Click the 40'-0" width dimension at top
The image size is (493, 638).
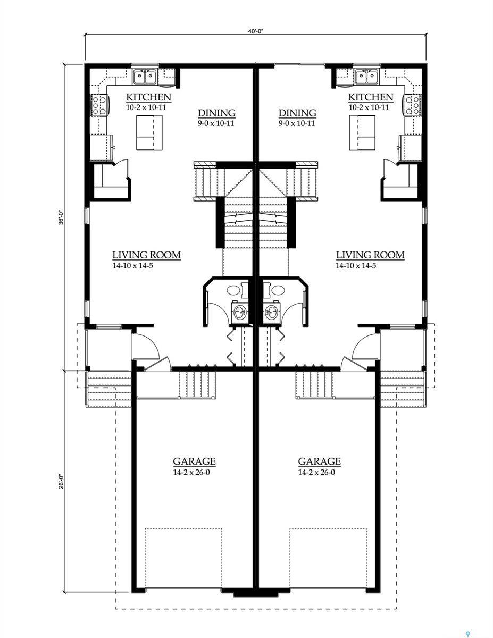[255, 31]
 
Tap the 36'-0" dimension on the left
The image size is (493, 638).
[61, 217]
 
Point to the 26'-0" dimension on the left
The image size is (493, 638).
[61, 481]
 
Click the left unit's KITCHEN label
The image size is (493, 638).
[148, 97]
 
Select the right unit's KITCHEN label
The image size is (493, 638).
[371, 97]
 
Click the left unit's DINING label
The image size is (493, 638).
[216, 113]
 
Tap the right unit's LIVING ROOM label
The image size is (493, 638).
[370, 255]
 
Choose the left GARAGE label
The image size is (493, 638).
[194, 461]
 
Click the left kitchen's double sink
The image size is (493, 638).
[145, 77]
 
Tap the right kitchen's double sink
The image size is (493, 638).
[366, 77]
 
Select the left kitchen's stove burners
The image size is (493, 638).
[98, 105]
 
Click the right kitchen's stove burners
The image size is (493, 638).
[412, 105]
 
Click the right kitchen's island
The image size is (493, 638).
[361, 132]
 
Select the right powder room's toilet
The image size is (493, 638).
[278, 290]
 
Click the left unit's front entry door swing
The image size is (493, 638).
[145, 347]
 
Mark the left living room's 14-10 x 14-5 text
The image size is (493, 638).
[133, 265]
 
